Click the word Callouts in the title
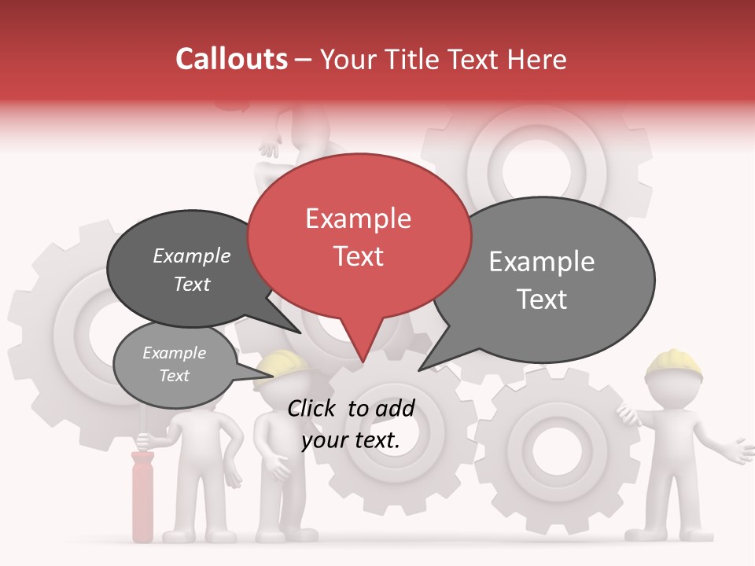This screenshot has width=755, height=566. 231,59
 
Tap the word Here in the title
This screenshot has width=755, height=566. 536,60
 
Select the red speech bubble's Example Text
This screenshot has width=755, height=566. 359,237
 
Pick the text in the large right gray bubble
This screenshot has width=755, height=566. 542,280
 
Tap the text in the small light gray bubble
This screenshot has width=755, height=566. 174,364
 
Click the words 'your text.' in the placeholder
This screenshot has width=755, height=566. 351,441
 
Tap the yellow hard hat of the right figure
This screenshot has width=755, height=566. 674,363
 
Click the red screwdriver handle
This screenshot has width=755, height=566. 142,496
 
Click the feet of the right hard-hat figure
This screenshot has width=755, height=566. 668,536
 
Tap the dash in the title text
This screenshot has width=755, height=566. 304,60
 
